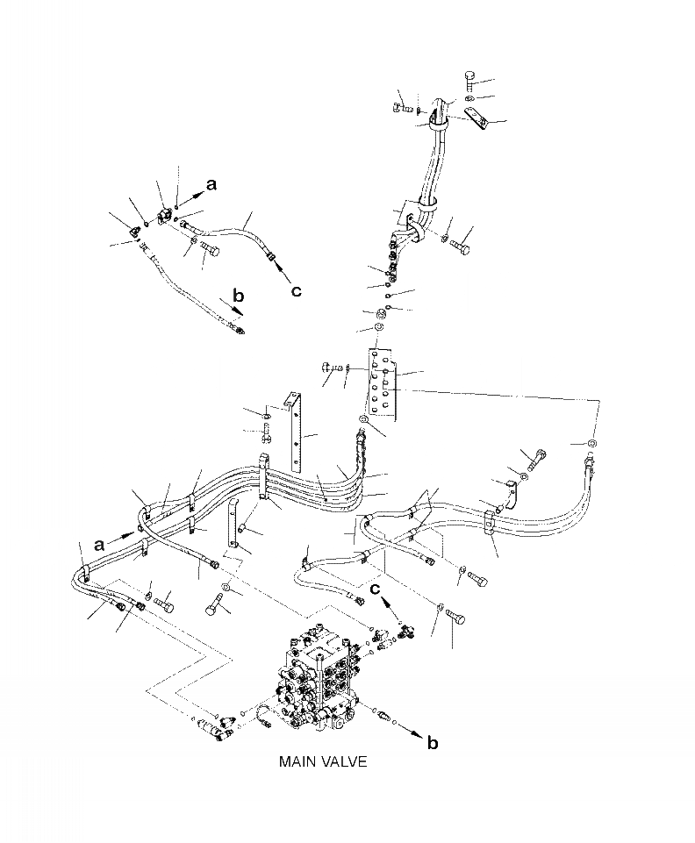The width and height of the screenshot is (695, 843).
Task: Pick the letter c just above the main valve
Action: coord(375,589)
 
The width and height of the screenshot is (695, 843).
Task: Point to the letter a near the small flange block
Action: coord(211,182)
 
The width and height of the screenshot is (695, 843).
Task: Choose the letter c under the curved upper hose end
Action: coord(297,290)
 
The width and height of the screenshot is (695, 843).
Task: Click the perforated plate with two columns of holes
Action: coord(384,379)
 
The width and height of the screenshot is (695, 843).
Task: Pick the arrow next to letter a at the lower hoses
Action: coord(123,536)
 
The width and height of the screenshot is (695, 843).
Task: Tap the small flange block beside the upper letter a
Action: coord(164,215)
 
